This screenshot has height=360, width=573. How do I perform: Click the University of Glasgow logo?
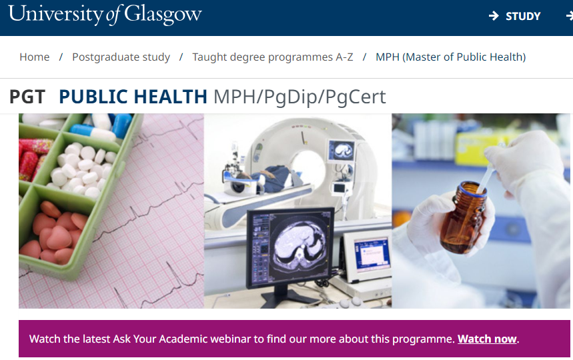point(105,15)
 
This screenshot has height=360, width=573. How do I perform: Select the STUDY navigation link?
point(523,16)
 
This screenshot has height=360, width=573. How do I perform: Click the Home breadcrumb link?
point(34,57)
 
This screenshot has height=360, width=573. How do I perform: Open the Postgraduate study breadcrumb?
point(121,57)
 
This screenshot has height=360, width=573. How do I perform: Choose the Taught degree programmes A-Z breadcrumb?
point(273,57)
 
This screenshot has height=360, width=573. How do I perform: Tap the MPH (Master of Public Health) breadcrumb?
point(450,57)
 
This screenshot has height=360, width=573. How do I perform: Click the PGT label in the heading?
point(27,97)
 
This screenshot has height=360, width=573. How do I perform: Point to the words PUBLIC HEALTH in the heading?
point(133,97)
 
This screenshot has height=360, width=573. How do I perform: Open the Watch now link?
point(487,339)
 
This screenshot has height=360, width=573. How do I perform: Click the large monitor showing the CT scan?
point(290,247)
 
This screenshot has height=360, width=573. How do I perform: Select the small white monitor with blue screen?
point(368,255)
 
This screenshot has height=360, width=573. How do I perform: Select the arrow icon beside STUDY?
point(494,16)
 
